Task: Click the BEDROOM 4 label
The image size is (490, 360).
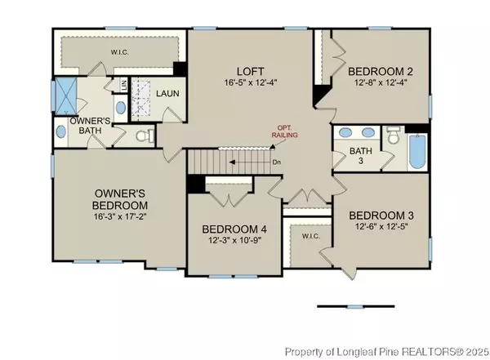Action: (x=234, y=229)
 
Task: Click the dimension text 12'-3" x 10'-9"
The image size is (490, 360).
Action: (x=234, y=242)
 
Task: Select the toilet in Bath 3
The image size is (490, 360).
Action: (x=392, y=140)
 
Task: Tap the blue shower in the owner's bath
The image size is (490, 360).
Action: (x=65, y=96)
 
